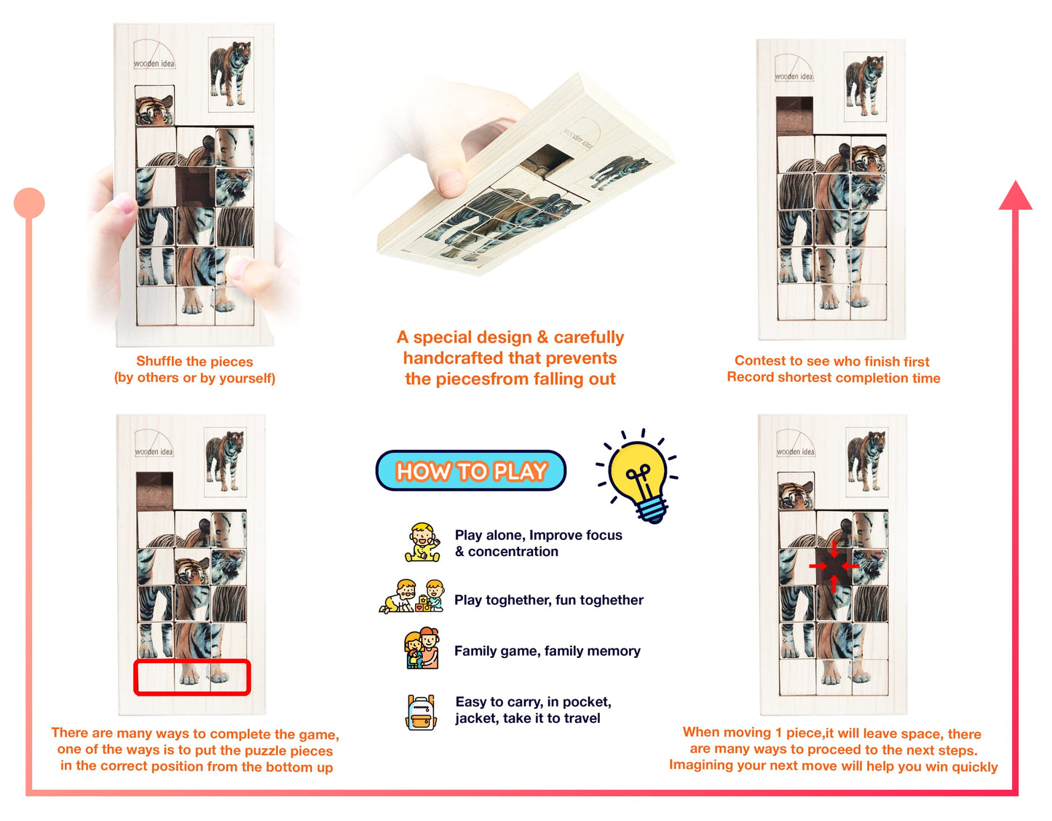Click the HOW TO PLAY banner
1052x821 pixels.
click(x=470, y=470)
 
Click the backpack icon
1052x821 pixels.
click(x=421, y=712)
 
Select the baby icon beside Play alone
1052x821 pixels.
click(x=423, y=542)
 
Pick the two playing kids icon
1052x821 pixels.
click(x=411, y=597)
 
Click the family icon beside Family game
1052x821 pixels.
click(x=422, y=649)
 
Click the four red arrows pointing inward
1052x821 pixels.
click(x=834, y=566)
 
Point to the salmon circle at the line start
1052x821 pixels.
click(x=29, y=203)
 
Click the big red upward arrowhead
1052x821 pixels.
click(x=1015, y=196)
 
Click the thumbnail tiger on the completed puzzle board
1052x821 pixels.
click(x=865, y=86)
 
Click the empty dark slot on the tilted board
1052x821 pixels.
click(x=546, y=161)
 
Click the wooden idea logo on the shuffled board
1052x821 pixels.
click(x=154, y=54)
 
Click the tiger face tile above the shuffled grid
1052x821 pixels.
click(x=154, y=106)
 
